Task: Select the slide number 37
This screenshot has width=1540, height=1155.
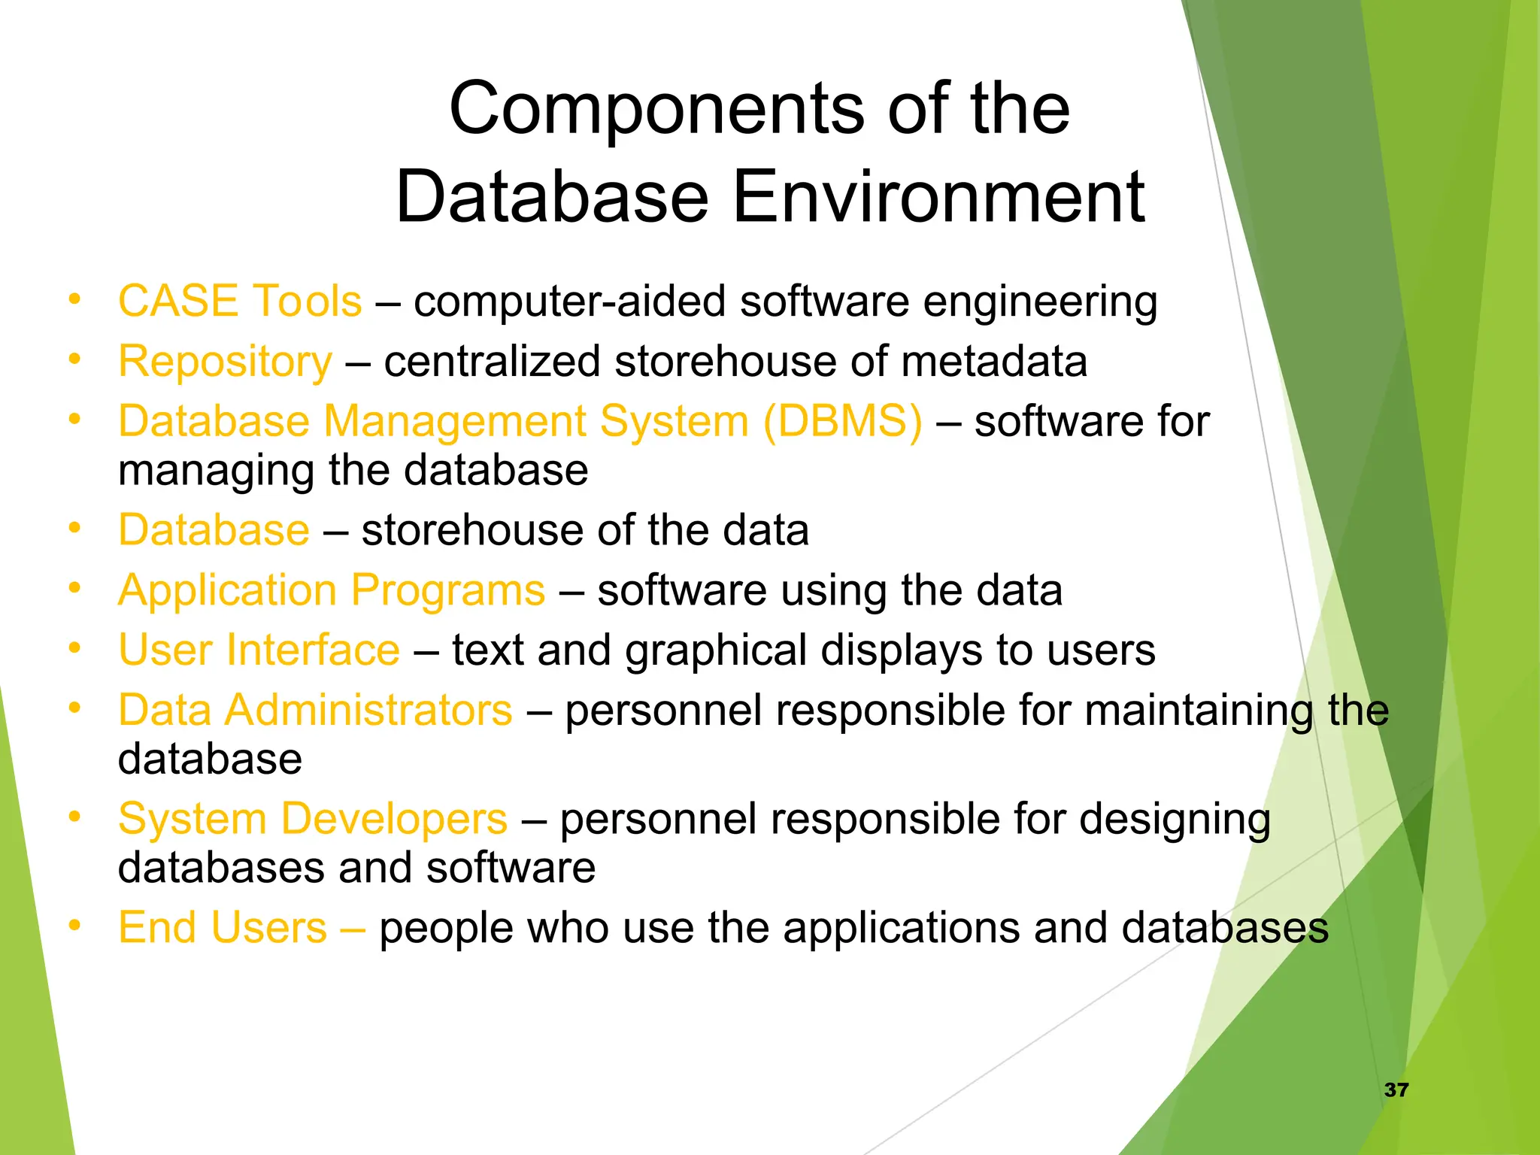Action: [1396, 1090]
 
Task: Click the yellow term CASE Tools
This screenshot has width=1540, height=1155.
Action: [240, 302]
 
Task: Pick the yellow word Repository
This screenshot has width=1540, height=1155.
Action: [225, 362]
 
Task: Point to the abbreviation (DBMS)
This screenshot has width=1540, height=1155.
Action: [842, 421]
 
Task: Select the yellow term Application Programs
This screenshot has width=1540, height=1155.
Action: [332, 590]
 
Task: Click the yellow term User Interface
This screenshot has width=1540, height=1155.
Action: [259, 650]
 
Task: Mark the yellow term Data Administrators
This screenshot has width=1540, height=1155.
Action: [315, 711]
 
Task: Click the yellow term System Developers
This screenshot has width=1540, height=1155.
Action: [313, 819]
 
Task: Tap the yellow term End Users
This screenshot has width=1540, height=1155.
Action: [223, 928]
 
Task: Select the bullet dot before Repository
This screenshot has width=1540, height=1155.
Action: [74, 359]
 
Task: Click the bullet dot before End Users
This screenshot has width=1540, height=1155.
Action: [74, 926]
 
